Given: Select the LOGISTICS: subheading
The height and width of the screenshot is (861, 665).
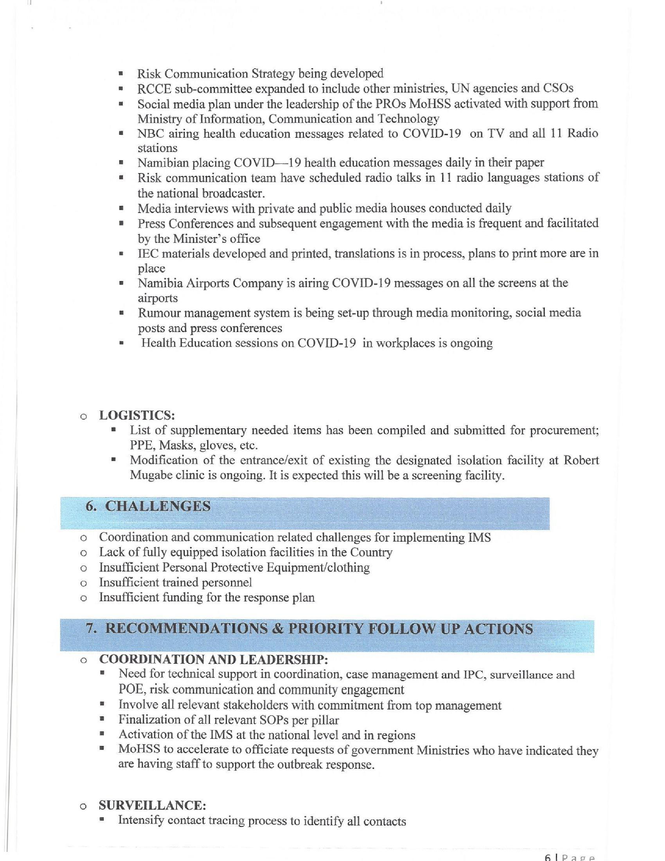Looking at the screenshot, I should [x=137, y=415].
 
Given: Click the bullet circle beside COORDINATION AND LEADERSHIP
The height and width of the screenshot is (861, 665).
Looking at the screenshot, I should [x=83, y=660].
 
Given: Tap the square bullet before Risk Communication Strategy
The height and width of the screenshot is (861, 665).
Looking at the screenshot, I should [x=121, y=74].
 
